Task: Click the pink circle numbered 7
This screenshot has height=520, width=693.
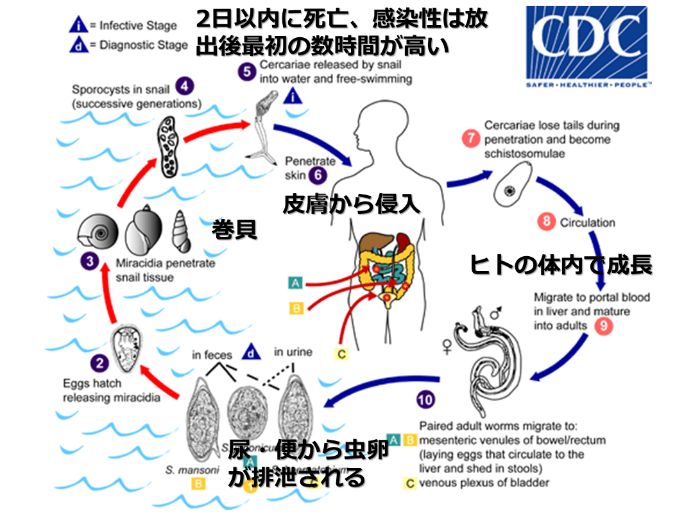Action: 471,138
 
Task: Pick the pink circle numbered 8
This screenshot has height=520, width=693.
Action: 546,222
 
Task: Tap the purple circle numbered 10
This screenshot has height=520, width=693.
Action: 425,399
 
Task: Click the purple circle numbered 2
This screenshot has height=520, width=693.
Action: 99,365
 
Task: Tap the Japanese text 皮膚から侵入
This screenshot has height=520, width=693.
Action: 351,204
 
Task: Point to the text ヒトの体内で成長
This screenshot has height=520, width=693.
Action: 561,264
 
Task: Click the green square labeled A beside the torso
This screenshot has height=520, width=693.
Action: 296,282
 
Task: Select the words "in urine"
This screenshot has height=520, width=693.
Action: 293,352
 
